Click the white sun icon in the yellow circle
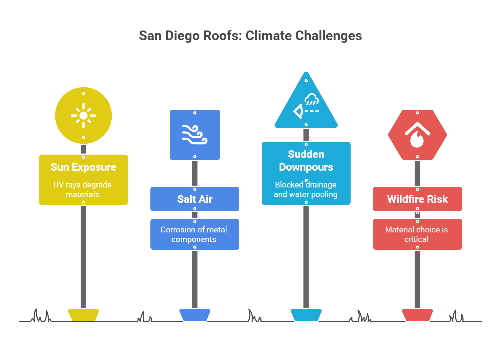tap(83, 116)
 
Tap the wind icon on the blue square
tap(195, 135)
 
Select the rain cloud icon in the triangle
tap(312, 99)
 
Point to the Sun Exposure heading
tap(83, 167)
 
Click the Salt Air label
tap(195, 199)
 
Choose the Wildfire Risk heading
tap(417, 199)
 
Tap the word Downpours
tap(306, 167)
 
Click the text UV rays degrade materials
tap(82, 189)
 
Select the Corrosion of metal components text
tap(194, 234)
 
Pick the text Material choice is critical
tap(416, 234)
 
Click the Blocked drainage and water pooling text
tap(306, 189)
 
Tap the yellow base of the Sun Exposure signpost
tap(83, 315)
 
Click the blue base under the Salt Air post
tap(195, 315)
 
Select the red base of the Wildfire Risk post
tap(417, 315)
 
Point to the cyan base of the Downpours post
tap(306, 315)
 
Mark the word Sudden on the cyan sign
tap(306, 154)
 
